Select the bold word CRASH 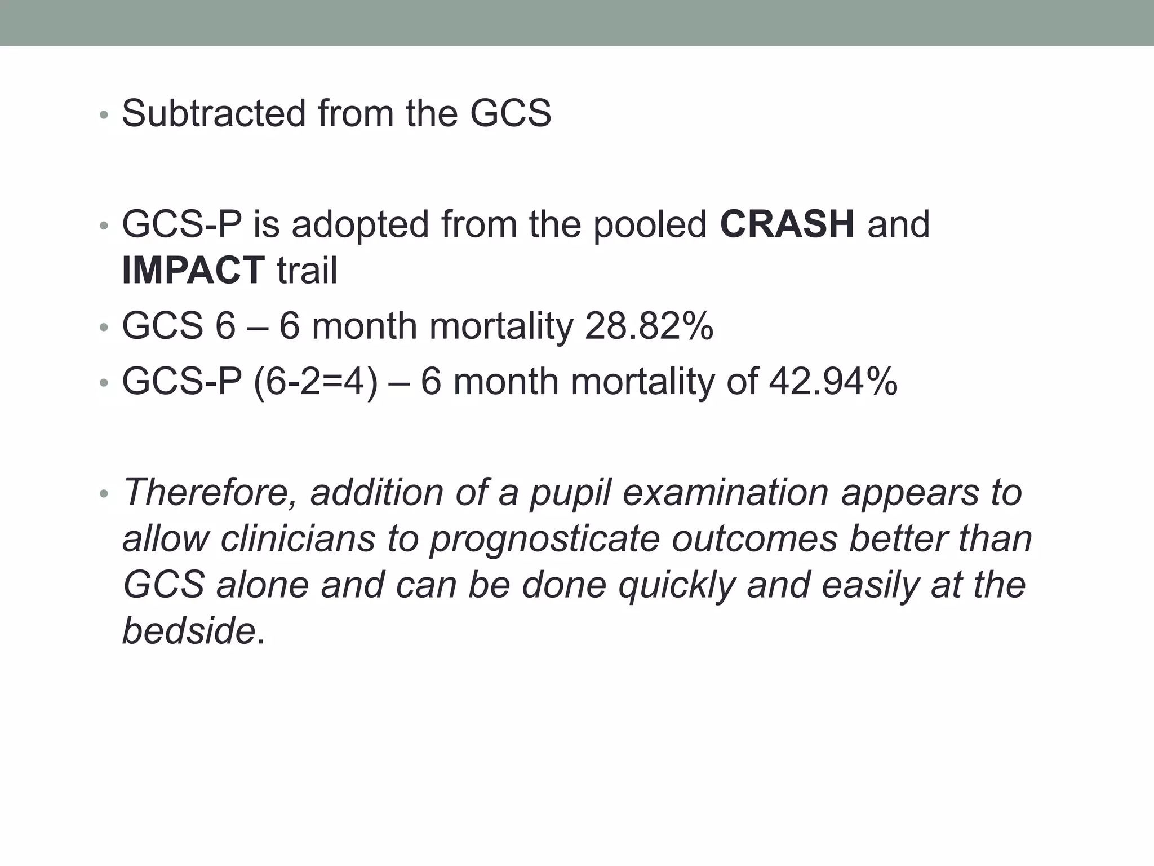(787, 224)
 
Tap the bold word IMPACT (193, 270)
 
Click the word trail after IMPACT (307, 270)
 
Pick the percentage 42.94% (833, 381)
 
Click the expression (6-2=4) (316, 382)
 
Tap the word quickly (677, 585)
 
